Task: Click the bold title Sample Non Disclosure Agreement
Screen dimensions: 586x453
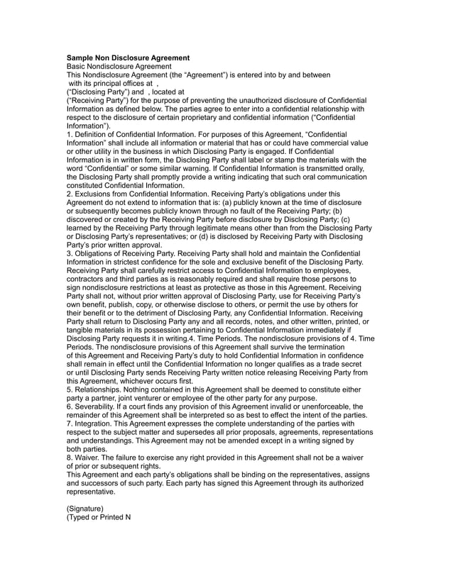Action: point(128,57)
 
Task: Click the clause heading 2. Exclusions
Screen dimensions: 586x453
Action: point(92,194)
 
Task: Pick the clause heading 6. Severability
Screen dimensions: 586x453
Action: point(97,407)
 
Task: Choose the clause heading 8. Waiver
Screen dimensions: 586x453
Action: point(86,458)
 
